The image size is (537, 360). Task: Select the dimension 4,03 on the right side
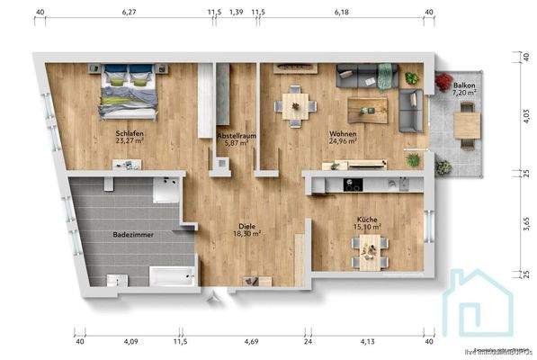point(525,116)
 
